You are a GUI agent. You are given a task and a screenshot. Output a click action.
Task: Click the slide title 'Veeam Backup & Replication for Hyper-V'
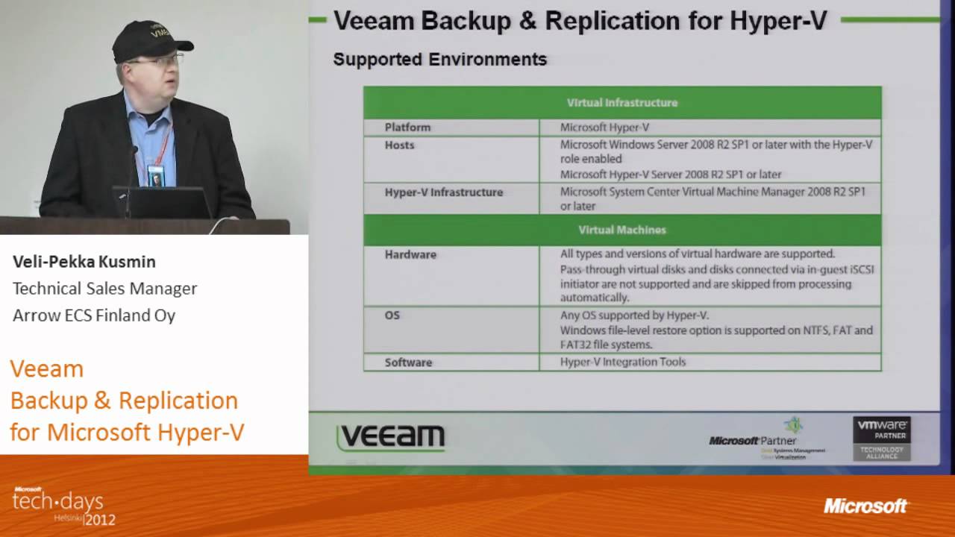[580, 21]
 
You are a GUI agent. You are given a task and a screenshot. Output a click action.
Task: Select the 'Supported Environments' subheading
[439, 60]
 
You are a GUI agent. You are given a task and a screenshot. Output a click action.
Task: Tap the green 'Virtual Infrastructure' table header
[621, 103]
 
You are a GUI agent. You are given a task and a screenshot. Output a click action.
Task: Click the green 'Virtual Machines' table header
[621, 230]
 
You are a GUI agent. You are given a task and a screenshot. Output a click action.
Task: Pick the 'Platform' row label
[407, 128]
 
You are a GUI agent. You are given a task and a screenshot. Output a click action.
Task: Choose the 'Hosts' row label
[399, 145]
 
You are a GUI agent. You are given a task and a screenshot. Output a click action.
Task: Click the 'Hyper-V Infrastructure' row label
[443, 192]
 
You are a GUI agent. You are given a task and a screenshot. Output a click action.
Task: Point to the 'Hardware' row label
[410, 254]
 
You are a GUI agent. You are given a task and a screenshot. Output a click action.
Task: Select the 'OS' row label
[392, 315]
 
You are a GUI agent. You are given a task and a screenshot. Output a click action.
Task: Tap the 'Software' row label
[408, 362]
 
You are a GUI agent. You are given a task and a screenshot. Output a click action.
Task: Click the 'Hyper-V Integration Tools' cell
[622, 362]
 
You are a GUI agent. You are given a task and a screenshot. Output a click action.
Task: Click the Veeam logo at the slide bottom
[391, 438]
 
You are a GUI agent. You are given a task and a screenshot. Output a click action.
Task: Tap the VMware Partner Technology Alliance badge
[881, 438]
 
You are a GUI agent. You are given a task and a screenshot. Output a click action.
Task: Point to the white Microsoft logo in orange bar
[865, 506]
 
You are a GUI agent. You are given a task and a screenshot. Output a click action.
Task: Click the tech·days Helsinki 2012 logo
[60, 506]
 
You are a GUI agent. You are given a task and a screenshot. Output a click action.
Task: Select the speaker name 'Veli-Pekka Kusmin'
[84, 262]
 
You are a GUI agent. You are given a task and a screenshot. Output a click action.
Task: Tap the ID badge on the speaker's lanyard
[155, 175]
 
